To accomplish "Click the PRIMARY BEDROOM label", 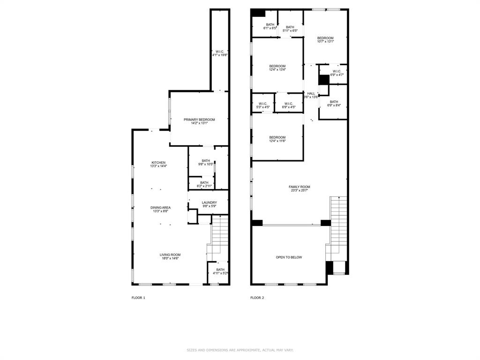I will (x=199, y=121).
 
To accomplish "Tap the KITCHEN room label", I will (x=158, y=164).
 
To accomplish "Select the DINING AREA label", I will (x=160, y=209).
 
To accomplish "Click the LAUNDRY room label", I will (x=209, y=204).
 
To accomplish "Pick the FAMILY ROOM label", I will (x=299, y=188).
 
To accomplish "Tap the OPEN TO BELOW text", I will (x=289, y=257).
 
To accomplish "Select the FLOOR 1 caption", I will (x=138, y=298).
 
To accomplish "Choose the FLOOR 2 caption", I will (x=257, y=298).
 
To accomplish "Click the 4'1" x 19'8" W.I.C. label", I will (x=219, y=53).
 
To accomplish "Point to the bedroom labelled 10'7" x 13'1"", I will (x=325, y=40).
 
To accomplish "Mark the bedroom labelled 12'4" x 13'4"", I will (x=277, y=68).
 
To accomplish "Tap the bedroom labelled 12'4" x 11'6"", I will (x=277, y=139).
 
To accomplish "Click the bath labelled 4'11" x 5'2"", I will (x=220, y=271).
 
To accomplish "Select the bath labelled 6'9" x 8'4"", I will (x=334, y=104).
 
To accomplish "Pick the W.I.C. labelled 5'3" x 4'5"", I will (x=262, y=105).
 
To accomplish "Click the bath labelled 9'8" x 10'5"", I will (x=206, y=162).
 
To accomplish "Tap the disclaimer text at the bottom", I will (x=240, y=350).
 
